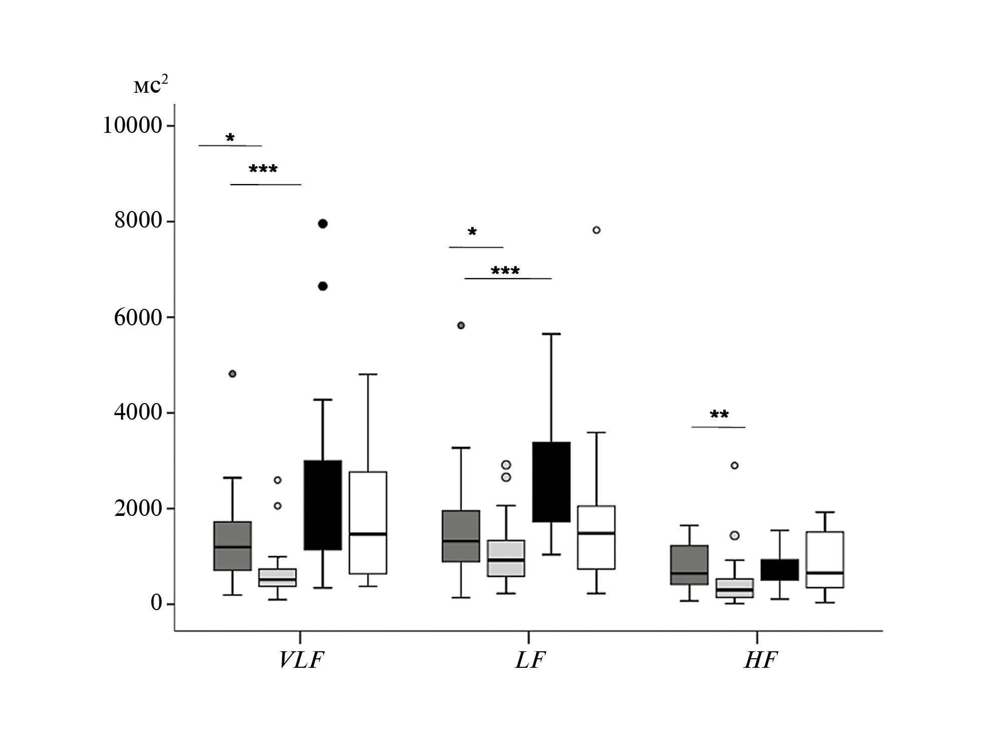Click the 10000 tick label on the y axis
click(x=132, y=125)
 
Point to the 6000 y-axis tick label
click(x=138, y=317)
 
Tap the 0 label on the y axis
click(x=156, y=603)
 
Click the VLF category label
click(x=301, y=660)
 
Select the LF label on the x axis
click(x=530, y=660)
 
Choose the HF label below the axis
click(x=760, y=660)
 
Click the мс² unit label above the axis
click(x=150, y=85)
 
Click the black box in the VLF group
click(x=323, y=505)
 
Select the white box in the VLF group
click(x=368, y=522)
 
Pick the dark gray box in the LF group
click(x=461, y=536)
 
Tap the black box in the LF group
click(x=551, y=482)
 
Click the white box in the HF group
click(x=825, y=559)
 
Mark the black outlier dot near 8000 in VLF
click(x=323, y=224)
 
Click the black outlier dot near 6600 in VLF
click(x=323, y=286)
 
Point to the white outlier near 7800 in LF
click(x=597, y=230)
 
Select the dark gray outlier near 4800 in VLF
click(x=233, y=374)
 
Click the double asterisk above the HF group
click(x=719, y=415)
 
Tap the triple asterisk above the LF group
click(x=505, y=271)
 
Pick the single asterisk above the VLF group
click(x=230, y=138)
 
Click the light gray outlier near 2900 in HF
click(x=734, y=465)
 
